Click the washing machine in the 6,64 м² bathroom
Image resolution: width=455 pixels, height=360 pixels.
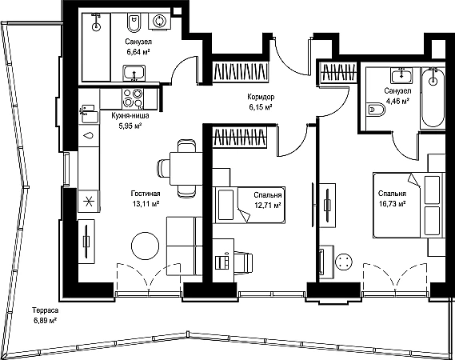coord(159,22)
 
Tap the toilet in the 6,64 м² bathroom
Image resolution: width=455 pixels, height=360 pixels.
coord(134,23)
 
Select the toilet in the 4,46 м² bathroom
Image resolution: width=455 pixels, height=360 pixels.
coord(376,110)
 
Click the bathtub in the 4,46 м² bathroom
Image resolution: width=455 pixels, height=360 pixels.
coord(433,98)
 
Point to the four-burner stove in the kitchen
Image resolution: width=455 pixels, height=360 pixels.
coord(133,98)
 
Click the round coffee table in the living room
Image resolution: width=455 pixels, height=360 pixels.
coord(146,246)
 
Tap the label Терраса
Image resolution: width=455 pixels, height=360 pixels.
coord(46,310)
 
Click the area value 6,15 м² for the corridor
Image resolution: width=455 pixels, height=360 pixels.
coord(261,107)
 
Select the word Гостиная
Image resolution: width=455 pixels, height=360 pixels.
coord(146,194)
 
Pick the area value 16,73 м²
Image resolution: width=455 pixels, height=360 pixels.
coord(393,204)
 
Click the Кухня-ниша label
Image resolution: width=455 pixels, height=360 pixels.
coord(130,116)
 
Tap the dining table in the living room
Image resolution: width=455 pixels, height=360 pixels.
coord(186,169)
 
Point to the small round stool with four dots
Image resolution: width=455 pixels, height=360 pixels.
coord(344,262)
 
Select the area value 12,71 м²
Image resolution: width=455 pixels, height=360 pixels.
coord(268,206)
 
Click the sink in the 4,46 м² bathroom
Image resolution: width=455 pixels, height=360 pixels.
coord(401,75)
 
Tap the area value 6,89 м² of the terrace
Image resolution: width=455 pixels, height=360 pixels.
coord(45,321)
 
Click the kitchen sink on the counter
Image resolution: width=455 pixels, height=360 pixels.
coord(89,114)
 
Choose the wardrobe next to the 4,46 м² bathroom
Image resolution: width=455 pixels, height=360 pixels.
coord(338,72)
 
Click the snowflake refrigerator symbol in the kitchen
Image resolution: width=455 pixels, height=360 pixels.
coord(89,201)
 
